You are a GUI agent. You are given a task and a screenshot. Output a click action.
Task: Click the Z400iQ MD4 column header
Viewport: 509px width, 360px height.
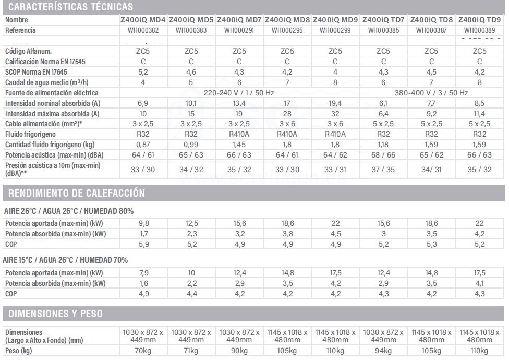(143, 20)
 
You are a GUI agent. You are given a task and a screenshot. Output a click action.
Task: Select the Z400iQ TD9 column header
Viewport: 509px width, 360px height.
(479, 20)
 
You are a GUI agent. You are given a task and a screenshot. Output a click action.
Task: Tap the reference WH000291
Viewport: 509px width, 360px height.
(239, 30)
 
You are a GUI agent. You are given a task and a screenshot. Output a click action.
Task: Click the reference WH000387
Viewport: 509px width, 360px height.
(431, 30)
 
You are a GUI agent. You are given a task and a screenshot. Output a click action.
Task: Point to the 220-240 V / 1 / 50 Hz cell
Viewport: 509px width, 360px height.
(239, 93)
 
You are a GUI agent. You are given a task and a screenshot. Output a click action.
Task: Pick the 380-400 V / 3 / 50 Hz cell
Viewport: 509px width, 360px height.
(431, 93)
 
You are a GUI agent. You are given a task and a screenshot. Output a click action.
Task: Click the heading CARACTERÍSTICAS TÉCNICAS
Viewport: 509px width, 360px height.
(71, 7)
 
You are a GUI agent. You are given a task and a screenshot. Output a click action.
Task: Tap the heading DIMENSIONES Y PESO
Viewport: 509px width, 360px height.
(56, 314)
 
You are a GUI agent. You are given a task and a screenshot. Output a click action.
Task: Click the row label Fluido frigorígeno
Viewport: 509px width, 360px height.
(29, 134)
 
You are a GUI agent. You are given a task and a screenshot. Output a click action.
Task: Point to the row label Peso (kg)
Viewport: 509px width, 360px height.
(19, 351)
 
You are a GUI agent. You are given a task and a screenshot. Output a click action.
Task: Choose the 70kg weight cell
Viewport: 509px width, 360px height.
(143, 351)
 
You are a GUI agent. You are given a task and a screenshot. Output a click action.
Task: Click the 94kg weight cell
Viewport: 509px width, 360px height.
(383, 351)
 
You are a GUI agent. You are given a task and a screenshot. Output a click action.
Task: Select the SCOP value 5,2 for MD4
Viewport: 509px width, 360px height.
(143, 72)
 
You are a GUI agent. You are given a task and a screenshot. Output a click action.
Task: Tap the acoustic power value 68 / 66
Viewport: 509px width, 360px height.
(383, 155)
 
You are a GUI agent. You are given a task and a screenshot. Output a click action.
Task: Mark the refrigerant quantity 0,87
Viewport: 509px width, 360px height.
(143, 145)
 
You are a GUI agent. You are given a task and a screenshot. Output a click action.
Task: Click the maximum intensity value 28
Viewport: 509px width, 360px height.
(287, 114)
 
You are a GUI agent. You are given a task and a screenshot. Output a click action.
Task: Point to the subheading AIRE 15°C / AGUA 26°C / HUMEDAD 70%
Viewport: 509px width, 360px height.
(65, 260)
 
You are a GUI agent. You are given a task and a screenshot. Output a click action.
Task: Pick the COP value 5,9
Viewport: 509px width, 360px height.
(143, 244)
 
